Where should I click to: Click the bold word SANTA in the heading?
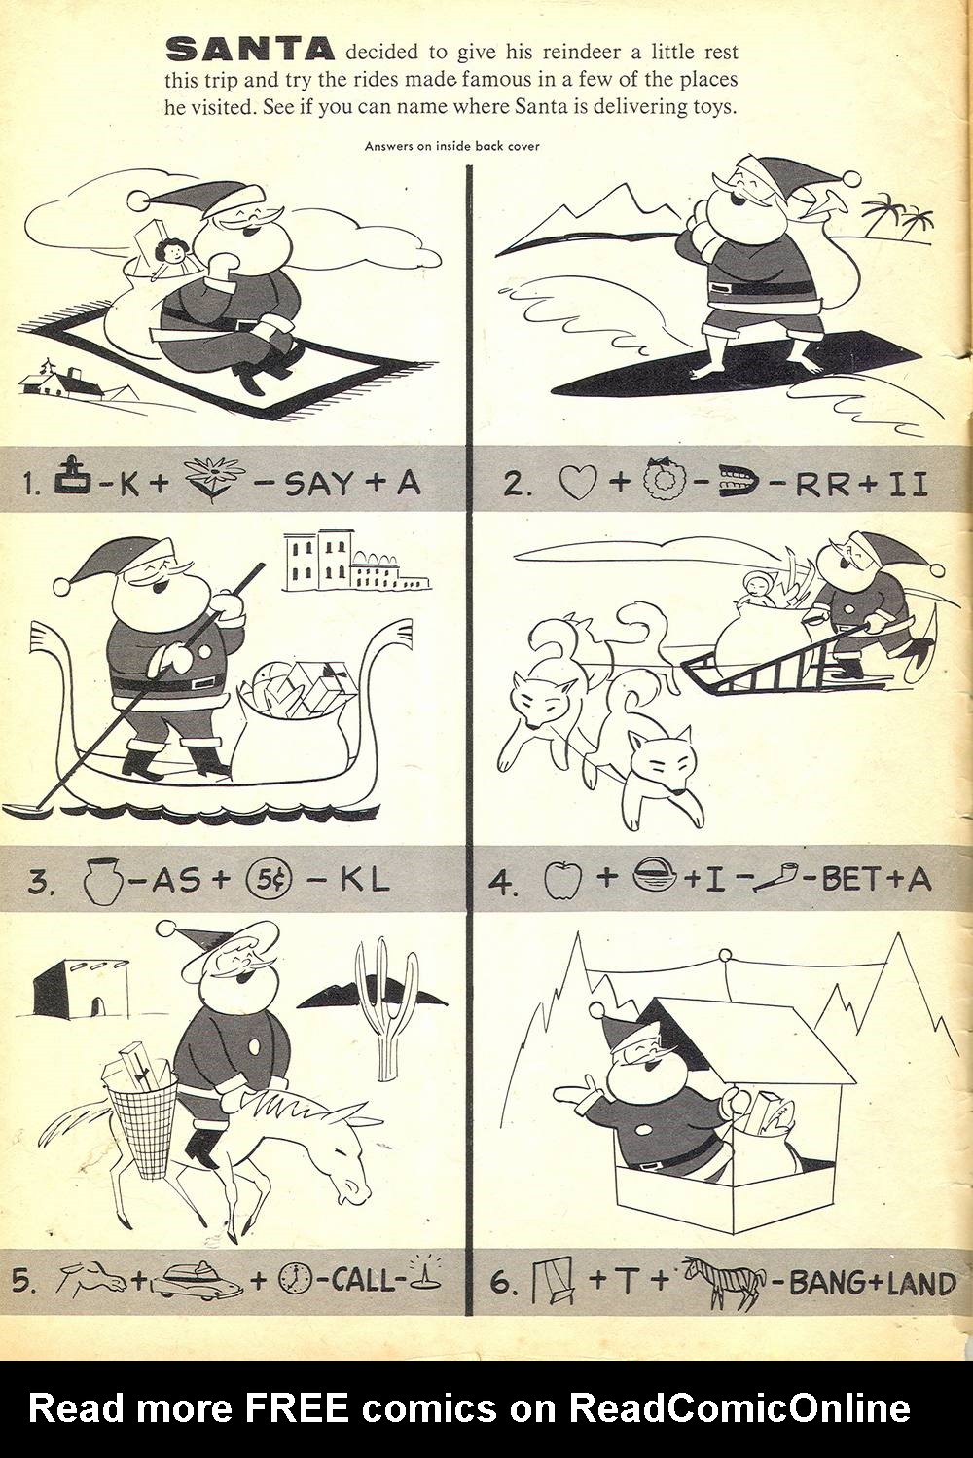[251, 50]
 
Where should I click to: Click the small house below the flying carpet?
[62, 381]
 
